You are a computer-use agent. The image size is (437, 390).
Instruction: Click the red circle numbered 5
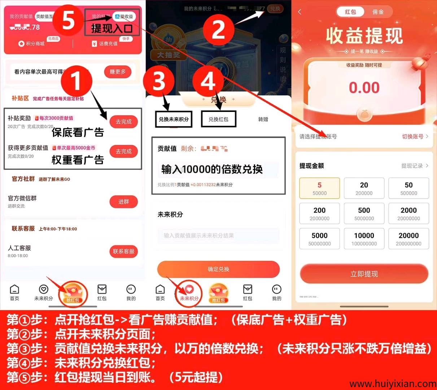(68, 20)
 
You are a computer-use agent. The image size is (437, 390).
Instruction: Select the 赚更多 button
(118, 72)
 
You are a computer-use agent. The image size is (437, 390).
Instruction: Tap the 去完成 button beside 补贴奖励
(123, 122)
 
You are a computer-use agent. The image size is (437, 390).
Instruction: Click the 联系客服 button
(123, 251)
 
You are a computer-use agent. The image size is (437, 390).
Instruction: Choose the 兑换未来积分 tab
(174, 119)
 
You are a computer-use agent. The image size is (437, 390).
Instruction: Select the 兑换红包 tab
(218, 119)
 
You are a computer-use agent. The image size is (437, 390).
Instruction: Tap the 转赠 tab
(263, 119)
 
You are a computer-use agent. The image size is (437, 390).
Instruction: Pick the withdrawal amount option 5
(319, 188)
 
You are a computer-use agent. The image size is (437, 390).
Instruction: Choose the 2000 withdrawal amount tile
(408, 213)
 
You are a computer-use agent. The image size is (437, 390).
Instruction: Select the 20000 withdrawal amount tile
(408, 239)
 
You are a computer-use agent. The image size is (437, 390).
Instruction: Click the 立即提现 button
(364, 274)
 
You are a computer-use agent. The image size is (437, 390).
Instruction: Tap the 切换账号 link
(415, 136)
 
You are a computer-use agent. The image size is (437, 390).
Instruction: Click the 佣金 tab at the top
(378, 12)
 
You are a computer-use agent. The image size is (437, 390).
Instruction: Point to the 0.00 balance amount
(364, 88)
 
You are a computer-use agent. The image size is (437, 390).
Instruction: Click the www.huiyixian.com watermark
(393, 383)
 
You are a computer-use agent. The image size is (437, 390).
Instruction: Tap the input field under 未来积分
(218, 235)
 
